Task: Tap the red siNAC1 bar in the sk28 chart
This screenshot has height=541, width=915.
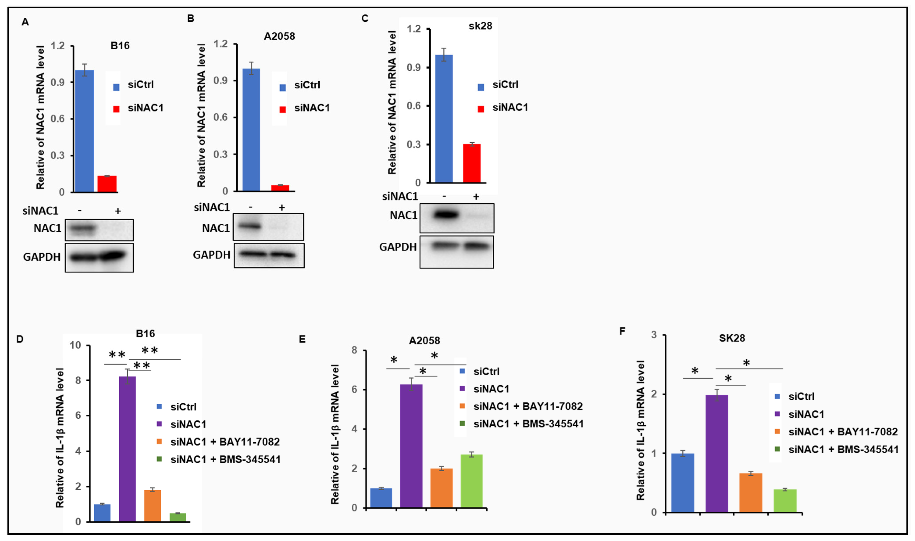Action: click(472, 163)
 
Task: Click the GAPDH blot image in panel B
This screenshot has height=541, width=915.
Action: click(269, 255)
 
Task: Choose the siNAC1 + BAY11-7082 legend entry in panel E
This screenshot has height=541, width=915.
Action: click(528, 406)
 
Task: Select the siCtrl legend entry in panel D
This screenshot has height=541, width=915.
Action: click(183, 407)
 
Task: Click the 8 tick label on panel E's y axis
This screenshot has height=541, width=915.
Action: click(354, 350)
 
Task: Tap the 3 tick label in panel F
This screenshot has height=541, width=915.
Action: click(654, 335)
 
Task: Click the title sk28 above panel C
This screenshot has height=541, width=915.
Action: click(480, 26)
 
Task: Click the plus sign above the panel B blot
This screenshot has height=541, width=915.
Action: click(281, 208)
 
